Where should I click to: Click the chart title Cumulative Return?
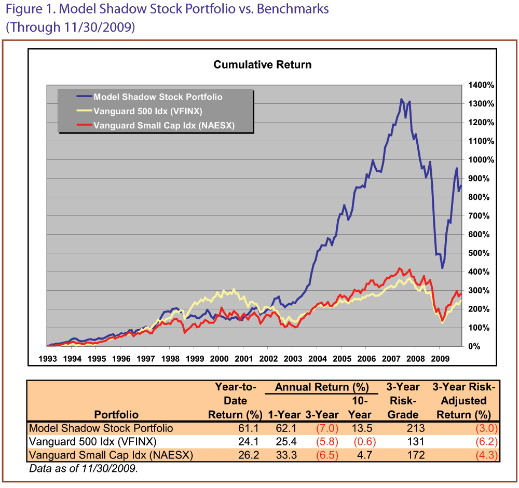point(263,65)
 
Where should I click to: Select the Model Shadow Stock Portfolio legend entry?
point(157,97)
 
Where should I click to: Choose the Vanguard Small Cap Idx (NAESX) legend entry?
point(163,125)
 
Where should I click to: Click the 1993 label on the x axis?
point(47,358)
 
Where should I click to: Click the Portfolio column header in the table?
point(116,415)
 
